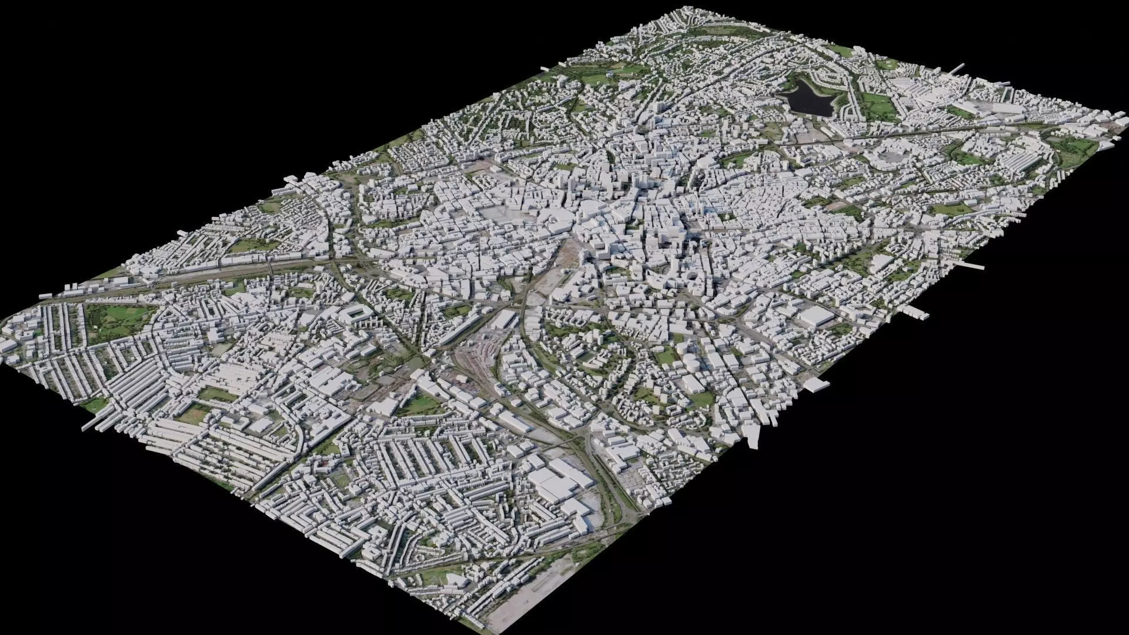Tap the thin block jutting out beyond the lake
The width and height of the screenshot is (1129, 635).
[x=956, y=71]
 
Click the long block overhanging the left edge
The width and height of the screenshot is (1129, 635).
[x=91, y=425]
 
